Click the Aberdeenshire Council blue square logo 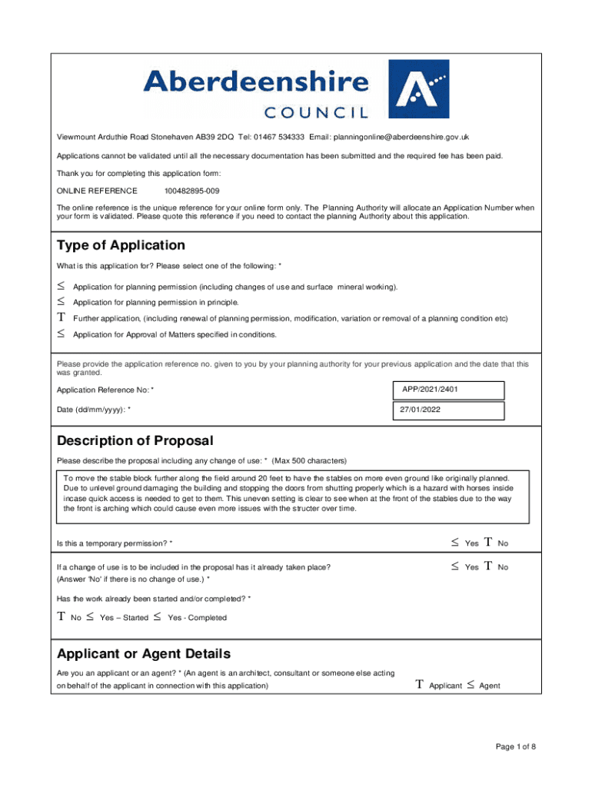(x=418, y=90)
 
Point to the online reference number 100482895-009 (x=191, y=191)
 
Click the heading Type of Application (x=121, y=246)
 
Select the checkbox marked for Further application (x=61, y=318)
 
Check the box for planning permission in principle (x=61, y=302)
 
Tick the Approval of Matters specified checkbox (x=61, y=334)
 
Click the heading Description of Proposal (x=135, y=441)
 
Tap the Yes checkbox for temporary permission (x=454, y=543)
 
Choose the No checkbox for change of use (x=488, y=567)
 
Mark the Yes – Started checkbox (x=90, y=617)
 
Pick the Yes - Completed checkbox (x=158, y=617)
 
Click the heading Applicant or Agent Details (x=144, y=654)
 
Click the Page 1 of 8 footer (x=515, y=747)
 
